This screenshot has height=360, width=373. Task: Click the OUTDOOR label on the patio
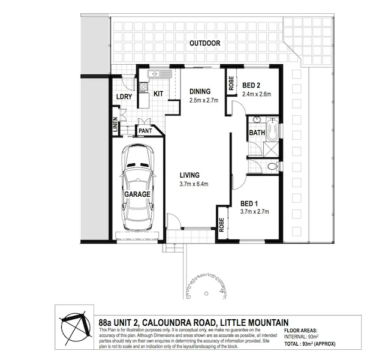tap(205, 43)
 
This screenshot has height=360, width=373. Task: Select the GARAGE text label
tap(137, 195)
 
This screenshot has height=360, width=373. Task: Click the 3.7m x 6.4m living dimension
tap(197, 184)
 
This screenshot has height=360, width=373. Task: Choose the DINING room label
tap(200, 91)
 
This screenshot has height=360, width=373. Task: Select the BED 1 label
tap(249, 203)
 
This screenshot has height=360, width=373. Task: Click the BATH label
tap(257, 132)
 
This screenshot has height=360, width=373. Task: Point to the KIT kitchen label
tap(159, 94)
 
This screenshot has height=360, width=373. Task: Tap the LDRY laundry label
tap(124, 97)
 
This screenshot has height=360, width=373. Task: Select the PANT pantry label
tap(145, 130)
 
